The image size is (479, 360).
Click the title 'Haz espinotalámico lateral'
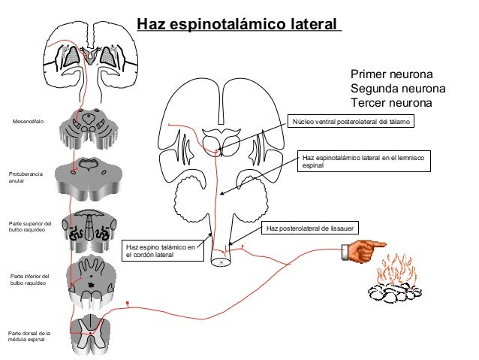(x=237, y=26)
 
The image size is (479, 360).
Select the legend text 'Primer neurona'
(x=391, y=75)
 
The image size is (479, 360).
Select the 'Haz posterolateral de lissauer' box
(x=310, y=228)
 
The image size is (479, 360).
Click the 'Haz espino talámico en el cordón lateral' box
(x=164, y=251)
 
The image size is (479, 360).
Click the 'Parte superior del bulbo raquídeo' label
(x=29, y=226)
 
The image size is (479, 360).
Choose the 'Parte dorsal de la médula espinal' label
(x=29, y=336)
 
